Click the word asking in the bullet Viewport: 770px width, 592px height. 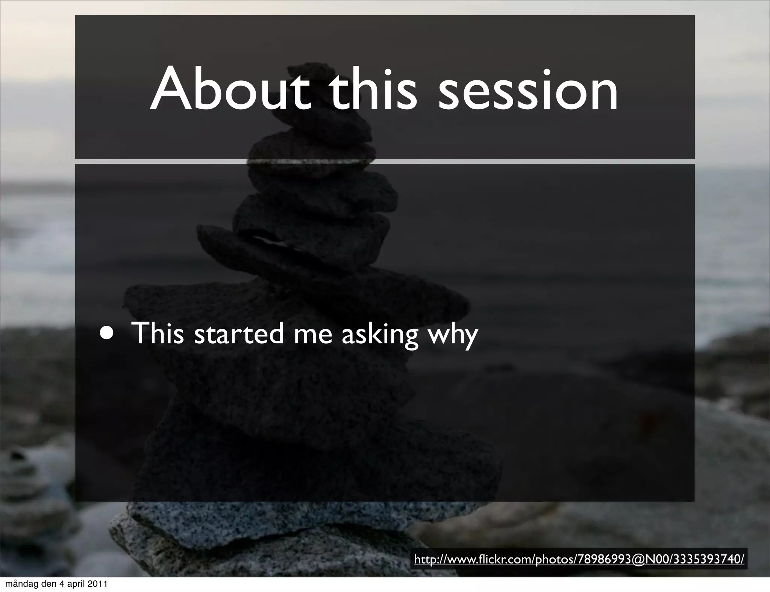pyautogui.click(x=380, y=334)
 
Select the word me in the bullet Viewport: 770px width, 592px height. pyautogui.click(x=313, y=334)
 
